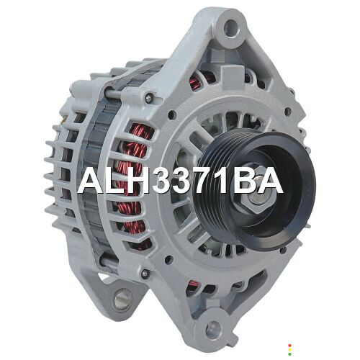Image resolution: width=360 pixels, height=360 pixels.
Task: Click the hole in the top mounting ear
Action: [x=230, y=27]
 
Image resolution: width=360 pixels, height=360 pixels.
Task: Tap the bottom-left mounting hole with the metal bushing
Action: [x=120, y=300]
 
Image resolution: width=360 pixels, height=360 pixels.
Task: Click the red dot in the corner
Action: [x=289, y=346]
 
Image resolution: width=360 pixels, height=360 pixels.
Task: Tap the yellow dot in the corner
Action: [x=289, y=350]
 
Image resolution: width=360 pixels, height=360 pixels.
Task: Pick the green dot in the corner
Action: [x=289, y=354]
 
